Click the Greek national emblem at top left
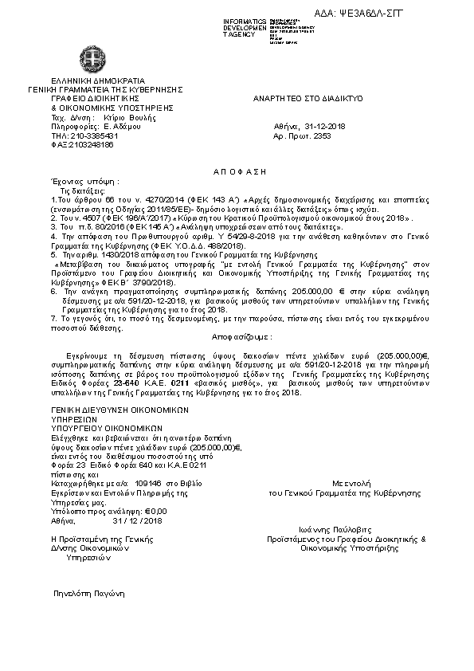pos(95,59)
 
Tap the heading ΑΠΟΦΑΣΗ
pos(240,171)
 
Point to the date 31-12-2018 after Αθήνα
pos(324,126)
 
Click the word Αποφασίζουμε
pos(238,336)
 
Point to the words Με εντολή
pos(347,483)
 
